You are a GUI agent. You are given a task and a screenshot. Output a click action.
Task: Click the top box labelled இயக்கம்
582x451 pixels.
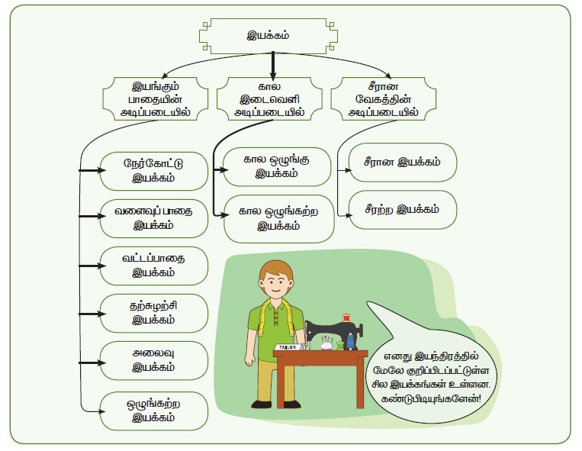[272, 35]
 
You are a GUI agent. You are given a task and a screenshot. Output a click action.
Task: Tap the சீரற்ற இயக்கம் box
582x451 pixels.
[403, 209]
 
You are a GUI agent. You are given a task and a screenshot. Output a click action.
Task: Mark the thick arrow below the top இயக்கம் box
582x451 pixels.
[272, 62]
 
